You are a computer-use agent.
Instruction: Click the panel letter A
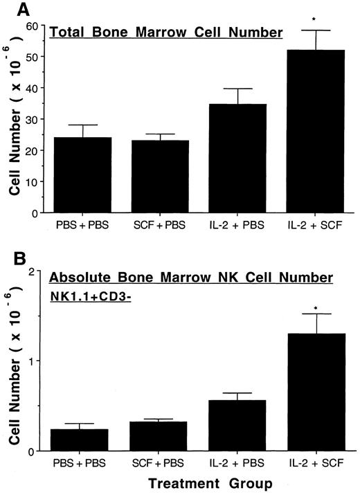13,12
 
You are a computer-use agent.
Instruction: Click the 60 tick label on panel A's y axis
33,26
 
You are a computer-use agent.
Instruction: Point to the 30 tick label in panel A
33,120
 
